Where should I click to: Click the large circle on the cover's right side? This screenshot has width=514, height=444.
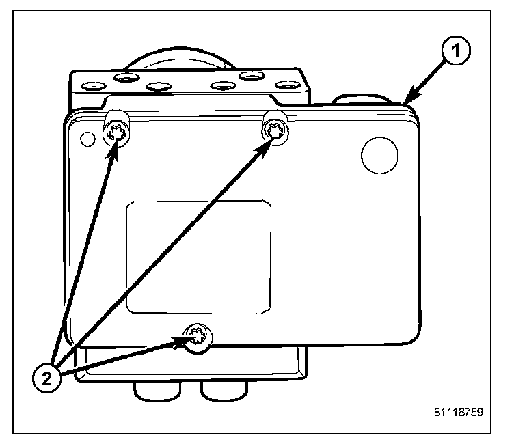coord(379,155)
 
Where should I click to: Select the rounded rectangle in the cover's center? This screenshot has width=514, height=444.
coord(199,257)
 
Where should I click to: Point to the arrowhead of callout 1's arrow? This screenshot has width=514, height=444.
coord(407,101)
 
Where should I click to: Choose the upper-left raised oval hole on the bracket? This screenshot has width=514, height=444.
coord(126,77)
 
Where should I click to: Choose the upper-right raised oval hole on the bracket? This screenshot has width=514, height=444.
coord(254,77)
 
